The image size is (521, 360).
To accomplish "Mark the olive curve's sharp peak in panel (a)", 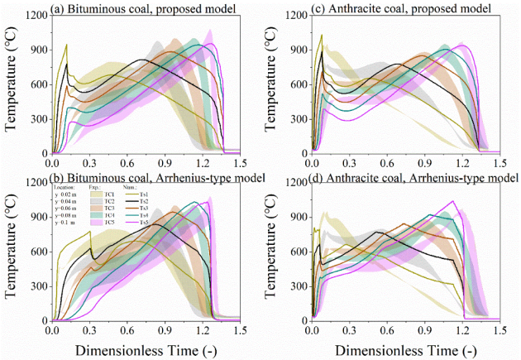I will pos(66,45).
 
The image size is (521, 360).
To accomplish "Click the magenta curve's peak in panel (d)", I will pos(453,201).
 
